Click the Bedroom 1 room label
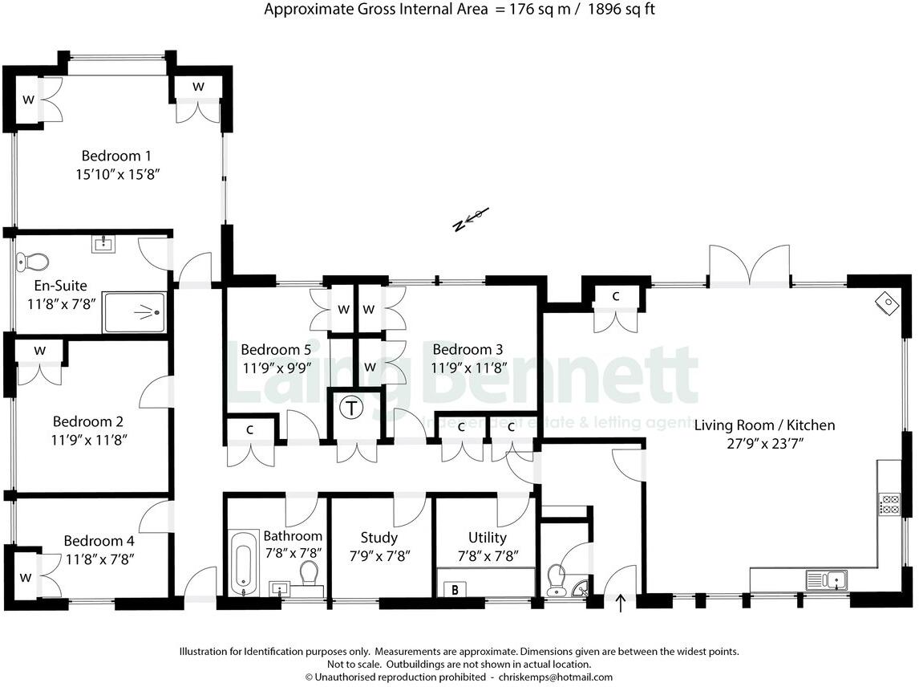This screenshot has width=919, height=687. click(x=116, y=156)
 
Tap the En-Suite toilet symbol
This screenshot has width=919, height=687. click(x=33, y=261)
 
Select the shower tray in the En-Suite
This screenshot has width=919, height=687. click(x=135, y=312)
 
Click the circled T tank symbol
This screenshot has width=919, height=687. click(x=350, y=408)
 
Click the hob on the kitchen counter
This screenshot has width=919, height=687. click(x=890, y=505)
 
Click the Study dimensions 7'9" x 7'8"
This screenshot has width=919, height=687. click(x=379, y=555)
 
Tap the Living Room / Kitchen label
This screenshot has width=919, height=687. click(x=764, y=425)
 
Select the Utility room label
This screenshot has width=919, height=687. click(x=487, y=538)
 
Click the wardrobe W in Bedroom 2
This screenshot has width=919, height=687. click(x=40, y=351)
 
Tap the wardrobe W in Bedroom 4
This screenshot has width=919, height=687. click(x=26, y=577)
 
